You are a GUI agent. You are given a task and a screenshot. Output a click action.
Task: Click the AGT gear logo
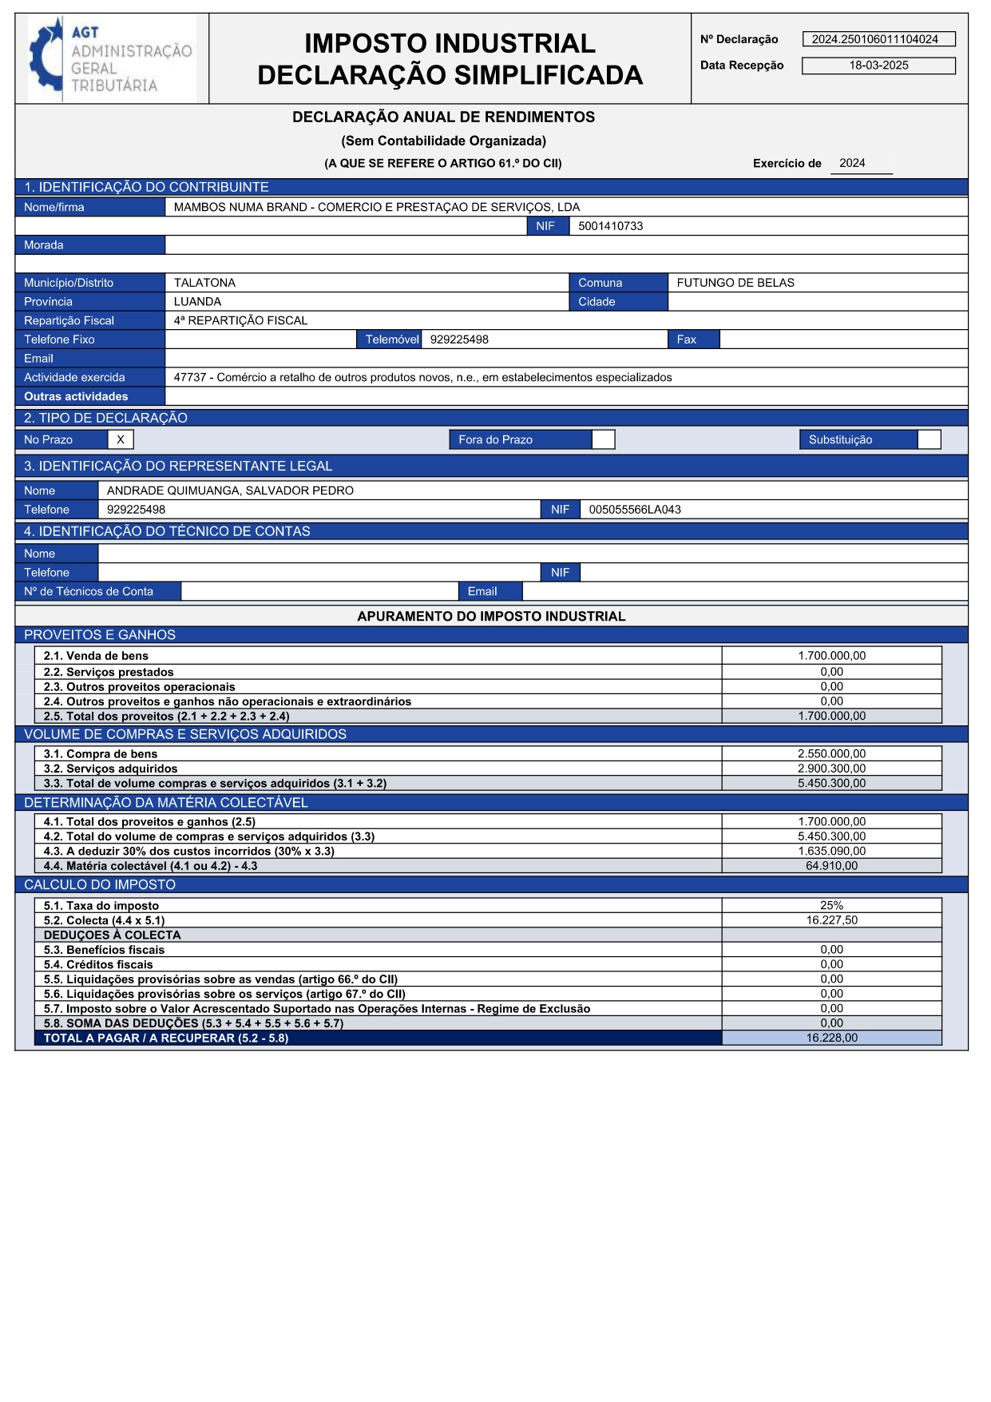(x=46, y=59)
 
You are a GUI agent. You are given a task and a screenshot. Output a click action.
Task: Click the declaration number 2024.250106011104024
(x=875, y=39)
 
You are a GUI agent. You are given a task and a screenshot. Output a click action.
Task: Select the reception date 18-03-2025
(x=878, y=66)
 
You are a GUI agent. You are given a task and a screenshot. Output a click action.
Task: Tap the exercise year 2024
(x=852, y=163)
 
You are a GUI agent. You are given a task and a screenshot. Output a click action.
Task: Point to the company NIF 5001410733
(x=610, y=226)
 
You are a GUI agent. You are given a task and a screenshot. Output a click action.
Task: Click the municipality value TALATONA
(x=204, y=283)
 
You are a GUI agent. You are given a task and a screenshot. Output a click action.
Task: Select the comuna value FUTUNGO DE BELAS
(x=735, y=283)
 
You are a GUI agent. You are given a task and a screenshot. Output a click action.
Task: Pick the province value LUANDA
(x=197, y=302)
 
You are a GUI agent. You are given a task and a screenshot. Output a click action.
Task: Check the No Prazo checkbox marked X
(x=121, y=439)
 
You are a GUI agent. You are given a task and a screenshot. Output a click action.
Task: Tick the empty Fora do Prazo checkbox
(x=603, y=439)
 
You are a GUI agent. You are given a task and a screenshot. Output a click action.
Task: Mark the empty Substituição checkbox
(x=929, y=439)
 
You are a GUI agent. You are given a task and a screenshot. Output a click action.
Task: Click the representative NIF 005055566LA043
(x=635, y=510)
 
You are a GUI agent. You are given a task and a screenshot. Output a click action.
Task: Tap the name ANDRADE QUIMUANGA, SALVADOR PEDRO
(x=230, y=491)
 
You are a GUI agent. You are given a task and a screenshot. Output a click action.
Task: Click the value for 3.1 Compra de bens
(x=831, y=754)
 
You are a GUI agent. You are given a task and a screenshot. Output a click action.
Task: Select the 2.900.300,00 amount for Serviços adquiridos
(x=831, y=769)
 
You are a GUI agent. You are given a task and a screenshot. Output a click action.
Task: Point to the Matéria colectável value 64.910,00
(x=831, y=866)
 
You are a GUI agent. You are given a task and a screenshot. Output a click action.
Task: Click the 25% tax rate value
(x=831, y=906)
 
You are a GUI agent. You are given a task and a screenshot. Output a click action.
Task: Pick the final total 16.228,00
(x=831, y=1038)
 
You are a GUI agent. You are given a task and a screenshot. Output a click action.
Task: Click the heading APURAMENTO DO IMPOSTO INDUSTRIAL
(x=491, y=617)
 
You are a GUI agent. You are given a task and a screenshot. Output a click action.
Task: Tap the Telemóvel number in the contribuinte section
(x=459, y=340)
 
